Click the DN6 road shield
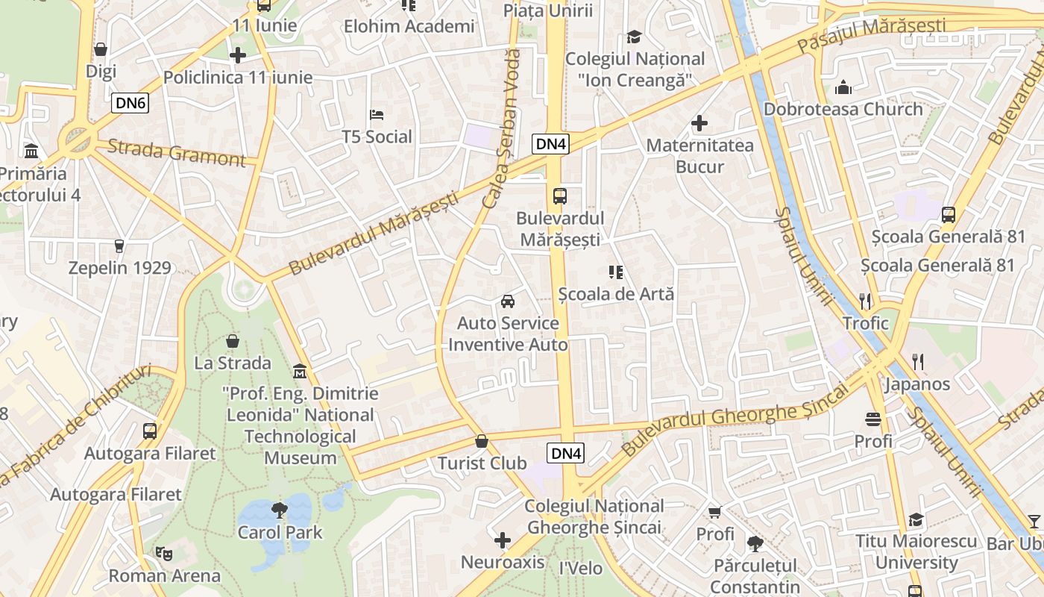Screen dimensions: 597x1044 130,103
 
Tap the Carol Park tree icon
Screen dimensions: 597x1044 280,510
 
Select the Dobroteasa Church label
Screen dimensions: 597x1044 843,109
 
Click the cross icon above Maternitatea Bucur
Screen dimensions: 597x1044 699,123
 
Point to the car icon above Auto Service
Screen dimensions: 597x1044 508,301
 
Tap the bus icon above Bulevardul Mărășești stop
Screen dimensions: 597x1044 560,196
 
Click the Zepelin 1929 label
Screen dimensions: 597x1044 119,267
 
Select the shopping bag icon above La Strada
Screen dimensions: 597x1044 233,341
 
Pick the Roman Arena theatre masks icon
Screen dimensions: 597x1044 164,554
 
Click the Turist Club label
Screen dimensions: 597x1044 482,463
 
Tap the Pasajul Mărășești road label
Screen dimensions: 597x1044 871,35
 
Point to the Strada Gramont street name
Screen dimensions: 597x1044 176,152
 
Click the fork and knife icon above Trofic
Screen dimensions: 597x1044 865,301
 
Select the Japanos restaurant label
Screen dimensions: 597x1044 917,384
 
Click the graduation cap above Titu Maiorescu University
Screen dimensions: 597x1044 916,519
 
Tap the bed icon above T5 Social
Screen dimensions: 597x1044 377,115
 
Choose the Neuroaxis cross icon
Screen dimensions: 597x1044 503,540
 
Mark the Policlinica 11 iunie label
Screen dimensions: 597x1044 237,77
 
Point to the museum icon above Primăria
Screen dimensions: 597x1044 31,151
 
